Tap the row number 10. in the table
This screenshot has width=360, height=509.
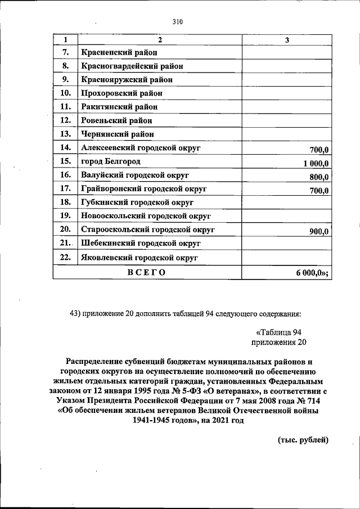pyautogui.click(x=65, y=93)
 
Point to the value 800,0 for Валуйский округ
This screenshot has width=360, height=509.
pyautogui.click(x=319, y=177)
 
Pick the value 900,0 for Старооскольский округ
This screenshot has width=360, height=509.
pyautogui.click(x=319, y=231)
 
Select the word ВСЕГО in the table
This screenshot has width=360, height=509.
pyautogui.click(x=146, y=272)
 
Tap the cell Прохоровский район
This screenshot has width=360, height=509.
pyautogui.click(x=121, y=93)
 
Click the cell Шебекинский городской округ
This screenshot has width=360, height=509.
pyautogui.click(x=141, y=244)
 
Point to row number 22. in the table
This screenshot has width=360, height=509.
pyautogui.click(x=65, y=258)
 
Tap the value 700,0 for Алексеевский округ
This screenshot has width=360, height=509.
pyautogui.click(x=319, y=150)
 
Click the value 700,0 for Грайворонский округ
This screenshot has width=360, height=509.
pyautogui.click(x=319, y=191)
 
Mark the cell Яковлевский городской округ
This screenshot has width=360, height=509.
pyautogui.click(x=139, y=258)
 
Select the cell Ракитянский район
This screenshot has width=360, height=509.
pyautogui.click(x=119, y=106)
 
